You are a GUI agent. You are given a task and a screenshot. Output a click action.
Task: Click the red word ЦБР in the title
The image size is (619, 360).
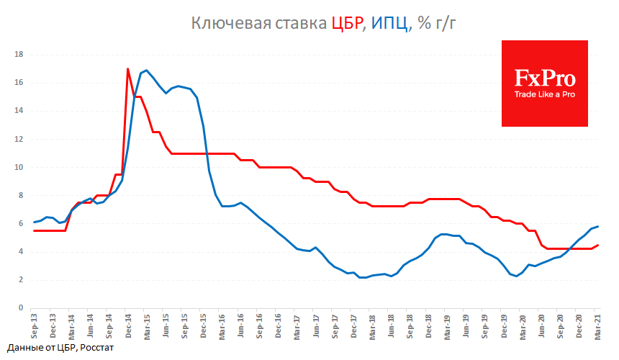[347, 23]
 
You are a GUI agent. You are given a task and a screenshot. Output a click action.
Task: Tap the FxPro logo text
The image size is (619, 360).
[544, 76]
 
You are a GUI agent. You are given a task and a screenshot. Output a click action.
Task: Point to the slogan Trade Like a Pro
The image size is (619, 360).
[544, 94]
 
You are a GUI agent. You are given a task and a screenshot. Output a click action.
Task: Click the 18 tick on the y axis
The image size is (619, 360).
[19, 55]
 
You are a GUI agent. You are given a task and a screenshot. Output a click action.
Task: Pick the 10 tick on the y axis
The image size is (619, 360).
[19, 167]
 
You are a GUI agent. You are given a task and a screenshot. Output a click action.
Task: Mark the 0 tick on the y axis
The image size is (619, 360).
[21, 307]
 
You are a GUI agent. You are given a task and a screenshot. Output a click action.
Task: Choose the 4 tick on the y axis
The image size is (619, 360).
[21, 251]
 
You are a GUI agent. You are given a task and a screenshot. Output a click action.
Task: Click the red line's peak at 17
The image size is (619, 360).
[128, 69]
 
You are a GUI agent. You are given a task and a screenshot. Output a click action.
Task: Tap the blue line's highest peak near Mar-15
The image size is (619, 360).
[146, 71]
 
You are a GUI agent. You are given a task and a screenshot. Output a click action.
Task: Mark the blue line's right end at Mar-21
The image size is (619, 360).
[598, 226]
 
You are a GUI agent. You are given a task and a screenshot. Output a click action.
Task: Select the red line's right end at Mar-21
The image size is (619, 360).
[598, 245]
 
